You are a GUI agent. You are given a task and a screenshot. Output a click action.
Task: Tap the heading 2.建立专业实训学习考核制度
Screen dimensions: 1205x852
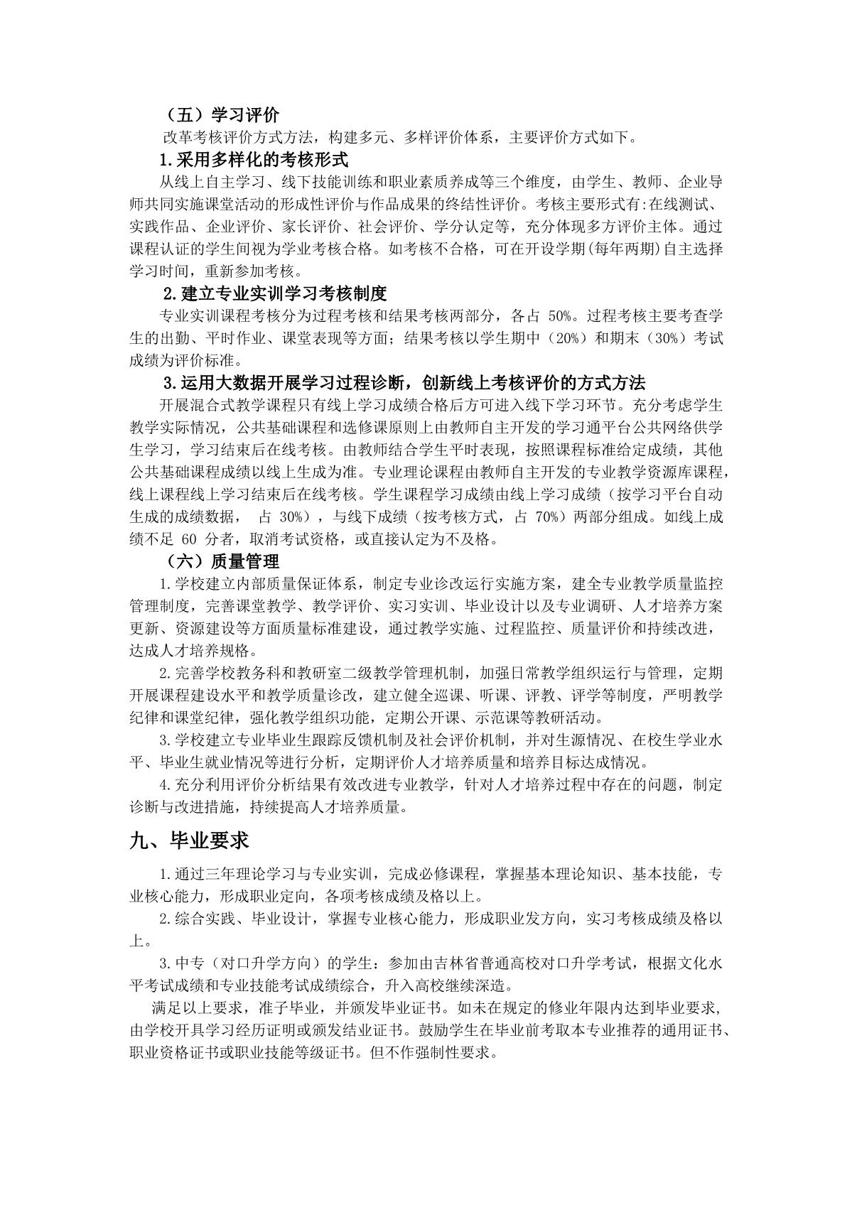click(274, 293)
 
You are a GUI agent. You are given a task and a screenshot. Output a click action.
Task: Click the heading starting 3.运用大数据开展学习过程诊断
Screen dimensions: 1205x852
click(404, 384)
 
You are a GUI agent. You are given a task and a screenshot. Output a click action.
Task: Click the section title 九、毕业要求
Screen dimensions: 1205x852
click(189, 841)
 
